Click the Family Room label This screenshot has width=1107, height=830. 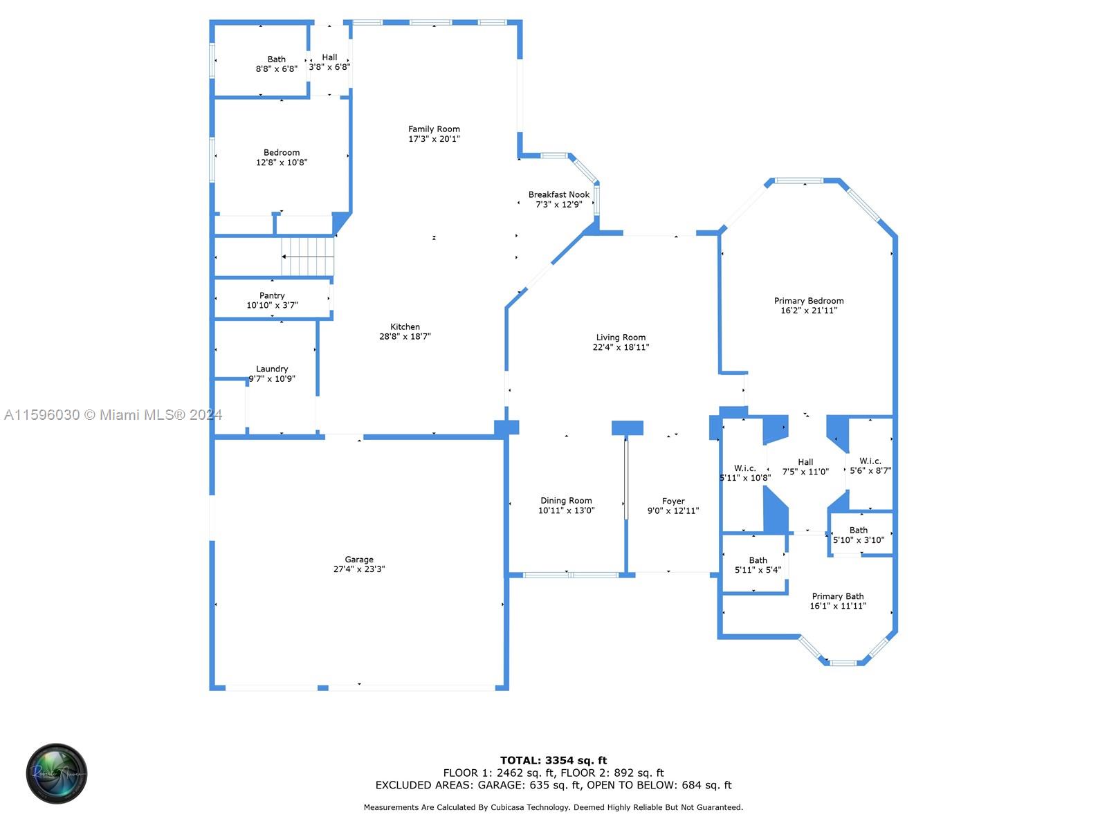point(434,129)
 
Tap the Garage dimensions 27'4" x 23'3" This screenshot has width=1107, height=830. point(358,569)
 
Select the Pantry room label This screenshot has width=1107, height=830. point(272,295)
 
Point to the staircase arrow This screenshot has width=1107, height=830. point(307,257)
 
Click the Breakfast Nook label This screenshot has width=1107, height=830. point(558,194)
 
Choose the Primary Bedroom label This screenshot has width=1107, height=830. point(808,301)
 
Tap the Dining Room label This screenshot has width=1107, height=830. point(566,500)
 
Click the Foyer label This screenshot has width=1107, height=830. point(673,501)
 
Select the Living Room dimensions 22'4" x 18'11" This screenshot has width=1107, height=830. point(621,347)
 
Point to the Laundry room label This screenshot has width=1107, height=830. point(272,369)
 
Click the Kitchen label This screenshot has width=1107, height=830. point(405,326)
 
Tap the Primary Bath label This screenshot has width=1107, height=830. point(837,596)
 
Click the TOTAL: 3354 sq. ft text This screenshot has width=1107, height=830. point(553,760)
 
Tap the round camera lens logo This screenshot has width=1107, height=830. point(57,773)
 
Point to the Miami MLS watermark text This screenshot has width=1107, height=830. point(113,415)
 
